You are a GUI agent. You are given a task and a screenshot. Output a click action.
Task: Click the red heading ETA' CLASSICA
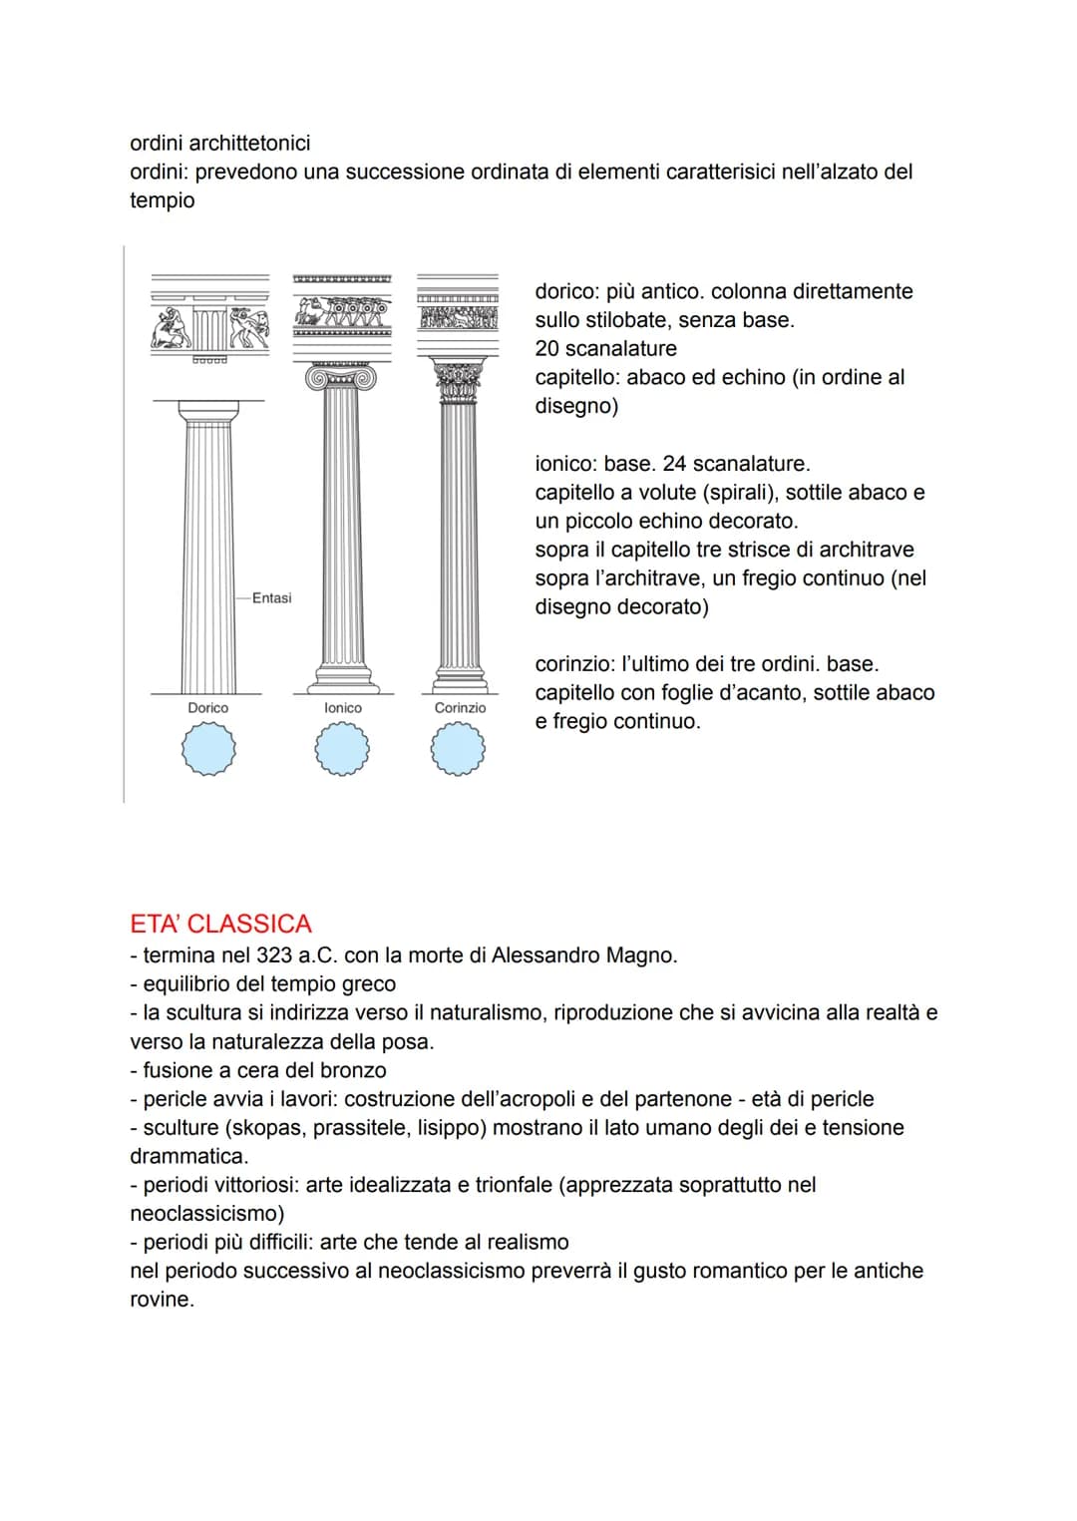click(220, 924)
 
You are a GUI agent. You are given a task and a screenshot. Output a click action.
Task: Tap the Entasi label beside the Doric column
click(271, 598)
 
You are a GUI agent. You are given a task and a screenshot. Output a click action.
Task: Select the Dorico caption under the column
click(207, 708)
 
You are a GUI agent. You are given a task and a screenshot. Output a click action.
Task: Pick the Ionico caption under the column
click(343, 708)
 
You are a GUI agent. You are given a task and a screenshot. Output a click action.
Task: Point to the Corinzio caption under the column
click(460, 708)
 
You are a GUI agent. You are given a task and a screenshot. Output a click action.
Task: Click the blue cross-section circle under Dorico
click(208, 749)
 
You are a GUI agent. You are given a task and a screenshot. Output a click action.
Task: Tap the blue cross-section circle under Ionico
click(342, 749)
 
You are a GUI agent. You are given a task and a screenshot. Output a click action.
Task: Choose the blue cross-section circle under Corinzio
click(459, 749)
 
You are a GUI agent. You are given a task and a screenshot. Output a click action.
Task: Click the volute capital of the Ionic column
click(343, 378)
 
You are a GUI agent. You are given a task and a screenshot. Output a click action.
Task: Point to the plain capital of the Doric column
click(208, 410)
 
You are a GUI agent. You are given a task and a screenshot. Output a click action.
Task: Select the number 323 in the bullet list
click(273, 955)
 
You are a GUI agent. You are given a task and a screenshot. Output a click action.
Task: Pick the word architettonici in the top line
click(249, 144)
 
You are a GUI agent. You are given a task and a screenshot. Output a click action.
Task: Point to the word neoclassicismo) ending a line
click(207, 1214)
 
